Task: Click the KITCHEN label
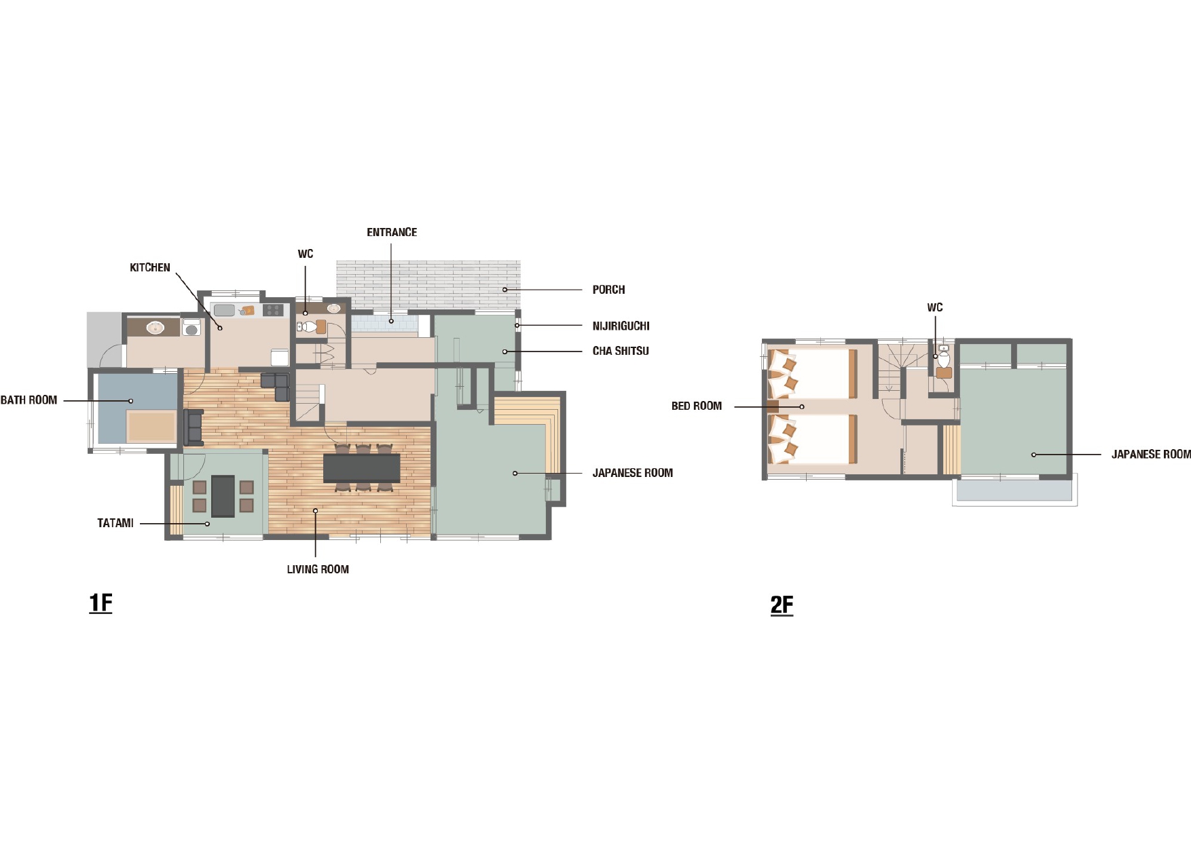(x=150, y=267)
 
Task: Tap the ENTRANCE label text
(x=392, y=232)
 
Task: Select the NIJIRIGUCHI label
(x=621, y=326)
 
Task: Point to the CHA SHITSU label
(x=621, y=351)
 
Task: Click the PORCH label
(x=608, y=290)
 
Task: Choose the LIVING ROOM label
(x=318, y=569)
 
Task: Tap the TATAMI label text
(x=115, y=523)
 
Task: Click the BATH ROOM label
(x=29, y=400)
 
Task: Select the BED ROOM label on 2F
(x=697, y=406)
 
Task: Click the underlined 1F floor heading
(x=100, y=602)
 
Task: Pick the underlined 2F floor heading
(x=782, y=605)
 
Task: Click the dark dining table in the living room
(x=362, y=468)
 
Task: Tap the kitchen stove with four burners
(x=273, y=310)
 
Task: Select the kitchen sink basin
(x=224, y=310)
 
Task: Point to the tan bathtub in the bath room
(x=152, y=427)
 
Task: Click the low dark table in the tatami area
(x=223, y=496)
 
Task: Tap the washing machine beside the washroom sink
(x=191, y=327)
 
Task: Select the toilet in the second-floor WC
(x=944, y=358)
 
